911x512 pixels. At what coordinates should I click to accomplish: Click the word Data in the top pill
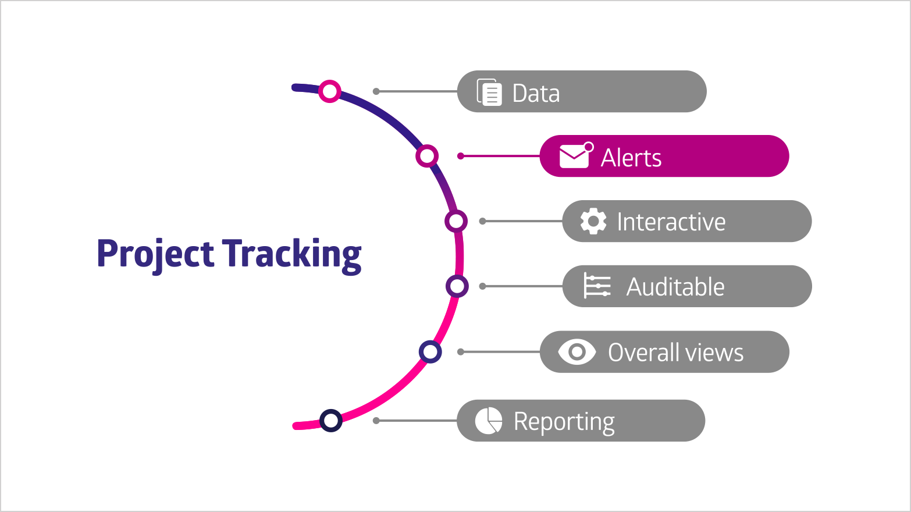coord(536,93)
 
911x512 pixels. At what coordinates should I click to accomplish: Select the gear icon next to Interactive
coord(593,221)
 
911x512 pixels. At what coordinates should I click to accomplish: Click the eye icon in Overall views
coord(577,352)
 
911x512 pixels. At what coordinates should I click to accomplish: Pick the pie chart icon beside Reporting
coord(489,421)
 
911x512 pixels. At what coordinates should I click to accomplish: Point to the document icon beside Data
coord(489,92)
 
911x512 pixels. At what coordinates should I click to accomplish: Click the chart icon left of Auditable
coord(597,286)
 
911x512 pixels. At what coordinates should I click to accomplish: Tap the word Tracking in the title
coord(291,255)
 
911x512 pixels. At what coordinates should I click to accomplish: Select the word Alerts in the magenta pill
coord(631,158)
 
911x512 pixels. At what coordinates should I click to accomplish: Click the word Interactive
coord(671,222)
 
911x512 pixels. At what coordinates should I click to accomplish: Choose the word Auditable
coord(675,287)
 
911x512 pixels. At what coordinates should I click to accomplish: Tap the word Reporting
coord(564,422)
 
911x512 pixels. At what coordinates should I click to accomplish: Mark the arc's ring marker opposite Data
coord(329,91)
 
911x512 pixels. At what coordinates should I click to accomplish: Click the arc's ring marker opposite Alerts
coord(427,156)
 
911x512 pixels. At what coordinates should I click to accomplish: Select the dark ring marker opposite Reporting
coord(331,421)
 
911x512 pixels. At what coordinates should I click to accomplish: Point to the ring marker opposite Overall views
coord(430,352)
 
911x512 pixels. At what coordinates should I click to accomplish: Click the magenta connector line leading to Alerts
coord(500,156)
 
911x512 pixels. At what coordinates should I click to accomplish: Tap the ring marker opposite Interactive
coord(456,221)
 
